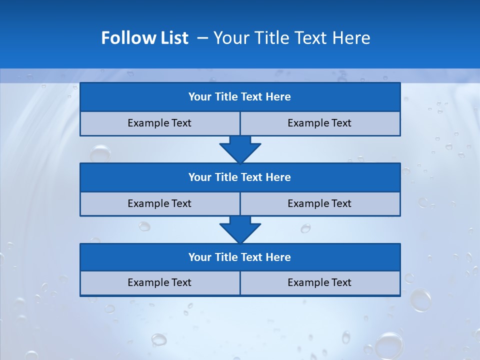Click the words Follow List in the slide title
(x=144, y=38)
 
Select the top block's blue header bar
(x=240, y=97)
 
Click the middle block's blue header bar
(x=240, y=177)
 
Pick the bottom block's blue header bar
(x=240, y=257)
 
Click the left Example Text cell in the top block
(x=160, y=123)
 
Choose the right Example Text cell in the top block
(x=320, y=123)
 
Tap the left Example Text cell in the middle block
(x=160, y=203)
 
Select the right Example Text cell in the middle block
(x=320, y=203)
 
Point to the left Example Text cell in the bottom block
(x=160, y=282)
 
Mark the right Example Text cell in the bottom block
(x=320, y=282)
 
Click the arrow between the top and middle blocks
(x=240, y=149)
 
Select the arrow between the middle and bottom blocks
(x=240, y=229)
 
